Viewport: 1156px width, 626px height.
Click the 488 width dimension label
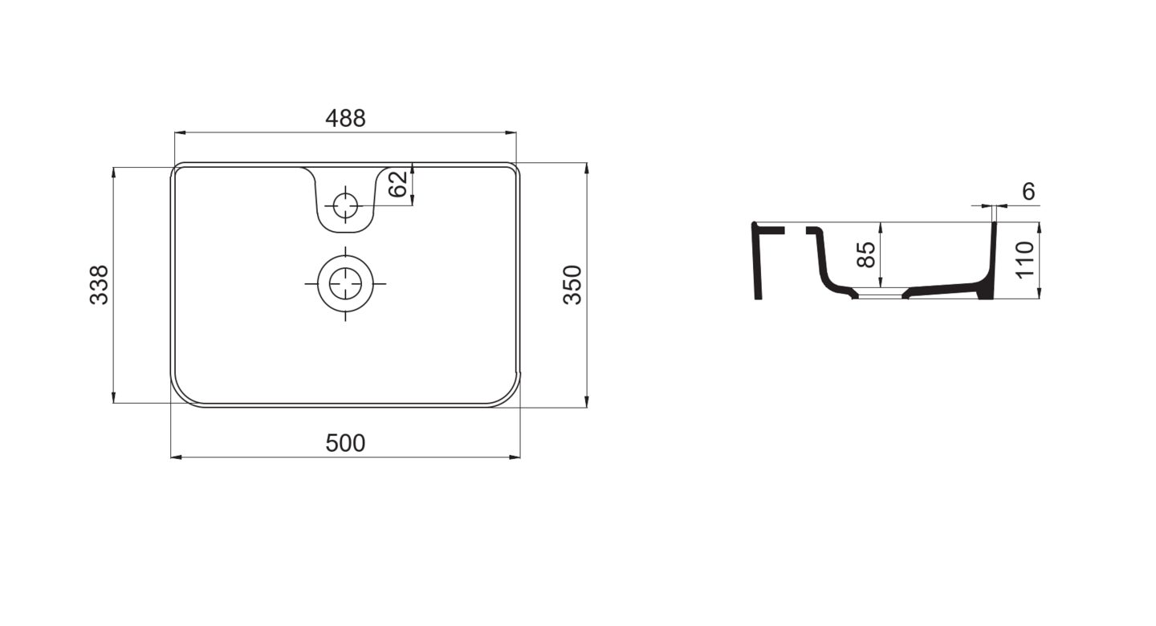coord(345,118)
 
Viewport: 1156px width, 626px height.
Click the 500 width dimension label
coord(345,443)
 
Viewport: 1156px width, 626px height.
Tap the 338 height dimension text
coord(99,285)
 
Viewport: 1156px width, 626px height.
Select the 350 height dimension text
coord(572,285)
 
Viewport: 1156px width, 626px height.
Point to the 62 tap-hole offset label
coord(398,185)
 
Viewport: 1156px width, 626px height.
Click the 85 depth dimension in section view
coord(866,255)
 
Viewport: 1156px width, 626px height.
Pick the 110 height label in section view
coord(1025,260)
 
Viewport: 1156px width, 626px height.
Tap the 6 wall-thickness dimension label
coord(1028,192)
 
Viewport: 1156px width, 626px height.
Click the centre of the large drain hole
coord(345,284)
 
